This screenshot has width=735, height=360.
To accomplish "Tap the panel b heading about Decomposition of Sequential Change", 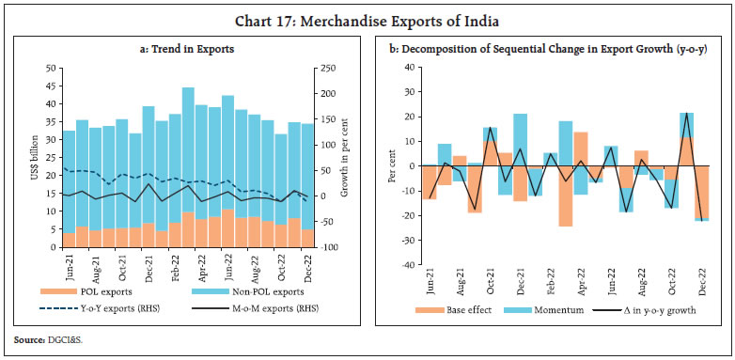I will pos(547,49).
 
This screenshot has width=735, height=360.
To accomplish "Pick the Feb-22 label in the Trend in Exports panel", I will pos(174,266).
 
